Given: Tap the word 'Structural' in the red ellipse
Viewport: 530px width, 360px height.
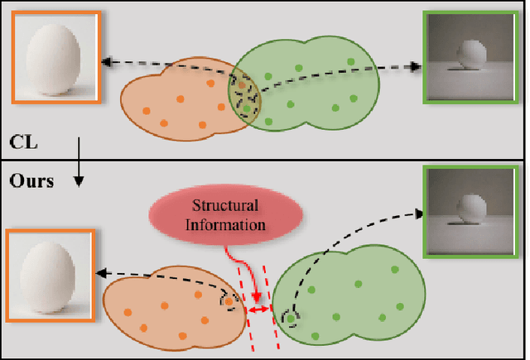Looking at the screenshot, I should click(x=225, y=206).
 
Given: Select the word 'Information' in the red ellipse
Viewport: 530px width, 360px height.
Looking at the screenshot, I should click(x=225, y=223).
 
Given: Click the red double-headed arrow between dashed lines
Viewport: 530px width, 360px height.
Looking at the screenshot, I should click(x=259, y=309).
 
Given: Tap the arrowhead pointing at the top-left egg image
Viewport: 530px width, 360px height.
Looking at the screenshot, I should click(x=104, y=61).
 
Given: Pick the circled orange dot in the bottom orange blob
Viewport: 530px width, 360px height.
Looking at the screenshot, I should click(x=227, y=303).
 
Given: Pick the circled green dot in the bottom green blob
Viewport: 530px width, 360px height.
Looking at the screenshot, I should click(x=291, y=317).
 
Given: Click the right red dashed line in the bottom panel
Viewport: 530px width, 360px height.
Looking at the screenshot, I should click(x=272, y=306).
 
